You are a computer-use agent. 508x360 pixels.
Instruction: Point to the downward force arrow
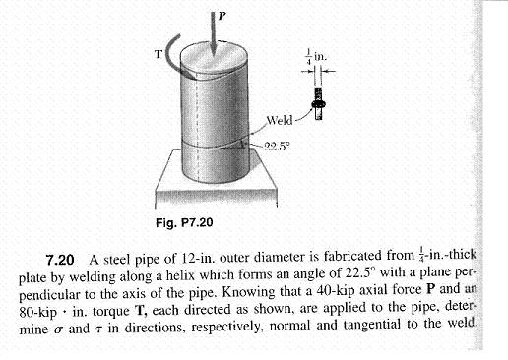pyautogui.click(x=215, y=39)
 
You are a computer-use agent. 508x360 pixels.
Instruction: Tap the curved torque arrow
pyautogui.click(x=174, y=55)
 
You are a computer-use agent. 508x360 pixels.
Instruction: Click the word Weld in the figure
pyautogui.click(x=280, y=121)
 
